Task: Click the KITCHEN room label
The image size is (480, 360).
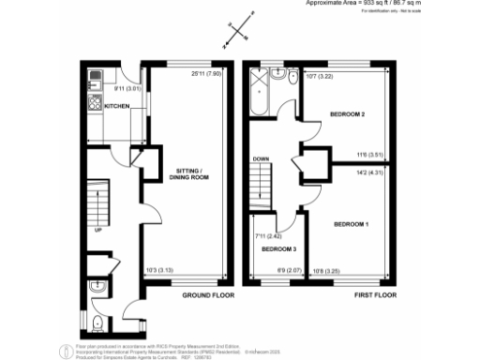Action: (117, 107)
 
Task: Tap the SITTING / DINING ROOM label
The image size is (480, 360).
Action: (187, 174)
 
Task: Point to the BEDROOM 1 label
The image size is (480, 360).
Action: (352, 224)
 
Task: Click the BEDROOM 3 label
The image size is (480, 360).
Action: (278, 249)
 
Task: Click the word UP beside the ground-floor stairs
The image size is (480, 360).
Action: (97, 227)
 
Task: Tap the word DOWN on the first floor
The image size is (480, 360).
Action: (262, 159)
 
